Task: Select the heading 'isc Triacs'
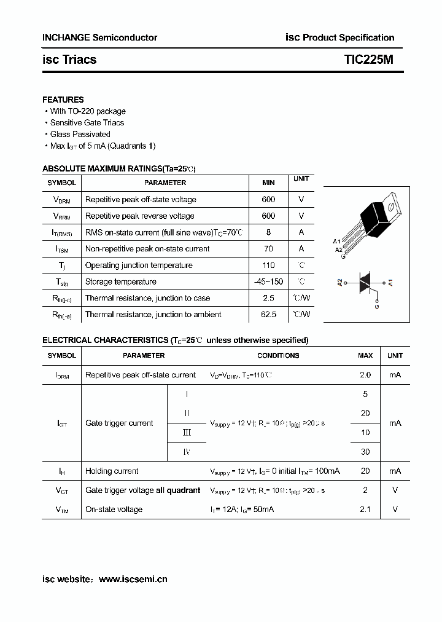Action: [69, 60]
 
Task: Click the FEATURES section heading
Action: [63, 100]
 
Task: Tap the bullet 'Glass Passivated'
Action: [80, 134]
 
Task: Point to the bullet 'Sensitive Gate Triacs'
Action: [87, 122]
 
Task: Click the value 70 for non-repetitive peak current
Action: [268, 249]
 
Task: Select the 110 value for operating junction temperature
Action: [268, 266]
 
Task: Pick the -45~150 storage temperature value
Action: [268, 282]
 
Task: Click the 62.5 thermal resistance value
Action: [268, 315]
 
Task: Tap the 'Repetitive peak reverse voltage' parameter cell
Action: [140, 216]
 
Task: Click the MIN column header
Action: [268, 183]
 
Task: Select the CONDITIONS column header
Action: [278, 355]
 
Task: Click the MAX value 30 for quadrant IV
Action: [365, 452]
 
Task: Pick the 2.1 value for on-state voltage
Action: [365, 510]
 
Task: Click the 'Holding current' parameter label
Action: [112, 471]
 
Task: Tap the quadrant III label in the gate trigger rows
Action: [187, 433]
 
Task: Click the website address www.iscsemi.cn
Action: [133, 579]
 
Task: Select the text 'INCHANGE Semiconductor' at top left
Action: [99, 37]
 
